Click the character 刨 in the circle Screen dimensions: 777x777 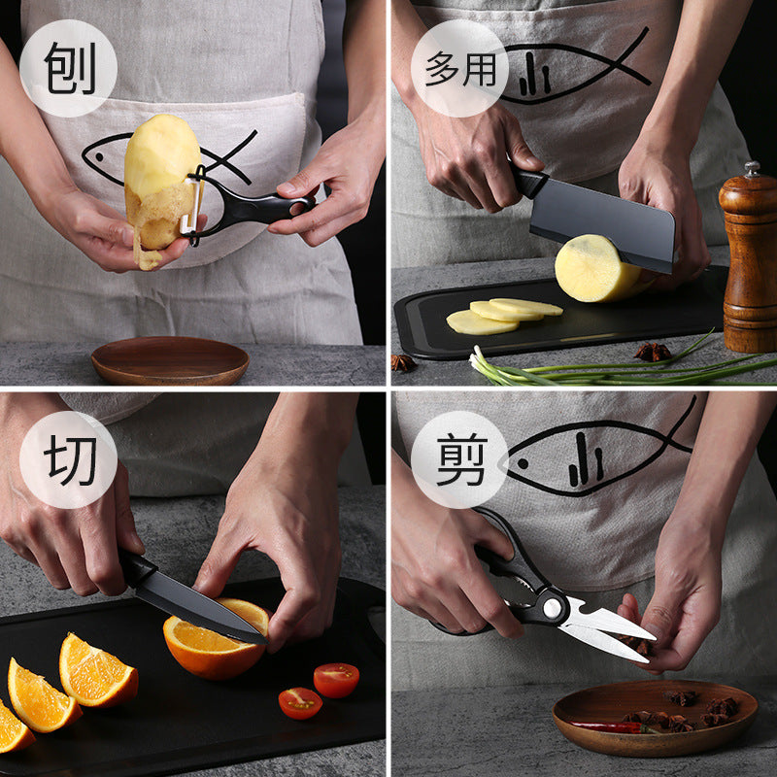[x=69, y=68]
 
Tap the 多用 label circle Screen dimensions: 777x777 [x=459, y=68]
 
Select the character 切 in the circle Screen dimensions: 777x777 [x=69, y=460]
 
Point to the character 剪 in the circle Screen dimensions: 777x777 [x=461, y=459]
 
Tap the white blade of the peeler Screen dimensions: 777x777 [x=192, y=204]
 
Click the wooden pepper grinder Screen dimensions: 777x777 [x=749, y=257]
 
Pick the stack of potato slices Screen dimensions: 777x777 [x=503, y=315]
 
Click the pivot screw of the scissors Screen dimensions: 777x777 [x=552, y=608]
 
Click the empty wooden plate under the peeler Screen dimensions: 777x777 [x=170, y=360]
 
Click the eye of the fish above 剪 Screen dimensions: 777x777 [x=523, y=464]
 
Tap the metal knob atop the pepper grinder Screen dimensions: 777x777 [x=752, y=169]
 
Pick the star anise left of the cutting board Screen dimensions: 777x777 [x=404, y=363]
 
